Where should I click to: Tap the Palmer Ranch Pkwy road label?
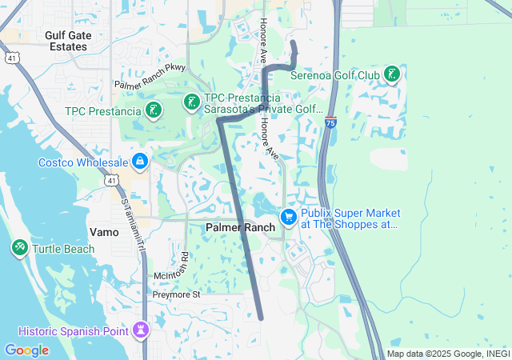tap(150, 77)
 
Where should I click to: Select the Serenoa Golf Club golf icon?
tap(392, 75)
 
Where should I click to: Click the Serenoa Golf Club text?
tap(335, 76)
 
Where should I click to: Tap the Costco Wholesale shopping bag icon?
tap(140, 162)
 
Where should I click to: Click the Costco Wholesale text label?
tap(83, 162)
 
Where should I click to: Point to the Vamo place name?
tap(104, 232)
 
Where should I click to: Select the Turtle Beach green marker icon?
tap(20, 248)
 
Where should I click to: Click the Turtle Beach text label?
tap(63, 249)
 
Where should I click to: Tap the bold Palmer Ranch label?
tap(240, 227)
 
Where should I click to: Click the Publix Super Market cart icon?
tap(288, 217)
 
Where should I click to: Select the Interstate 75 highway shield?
tap(331, 122)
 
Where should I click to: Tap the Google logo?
tap(26, 350)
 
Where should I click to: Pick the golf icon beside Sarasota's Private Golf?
tap(191, 102)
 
